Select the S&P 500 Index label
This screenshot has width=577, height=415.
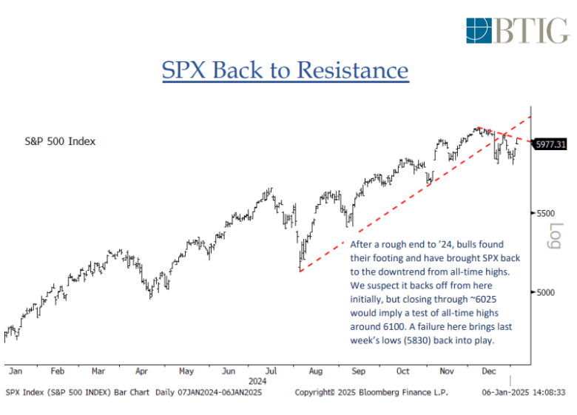click(x=59, y=141)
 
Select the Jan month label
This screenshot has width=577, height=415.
click(x=14, y=371)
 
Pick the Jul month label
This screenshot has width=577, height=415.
click(x=272, y=371)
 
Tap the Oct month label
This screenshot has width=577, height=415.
click(x=402, y=371)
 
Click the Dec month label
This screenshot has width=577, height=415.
click(x=488, y=371)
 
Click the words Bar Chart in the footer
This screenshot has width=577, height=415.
click(x=132, y=391)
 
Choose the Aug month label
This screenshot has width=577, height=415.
click(x=316, y=371)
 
